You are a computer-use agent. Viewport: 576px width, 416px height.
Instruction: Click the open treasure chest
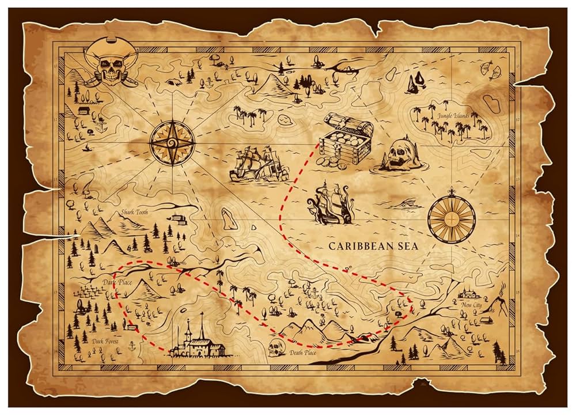coord(344,142)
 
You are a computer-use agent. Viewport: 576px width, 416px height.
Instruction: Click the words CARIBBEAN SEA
coord(374,246)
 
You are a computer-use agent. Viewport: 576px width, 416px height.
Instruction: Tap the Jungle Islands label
coord(454,115)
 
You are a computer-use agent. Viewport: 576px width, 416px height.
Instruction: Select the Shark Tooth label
coord(134,212)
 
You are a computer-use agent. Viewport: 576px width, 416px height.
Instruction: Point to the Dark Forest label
coord(105,341)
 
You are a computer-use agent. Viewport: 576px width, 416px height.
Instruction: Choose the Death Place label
coord(303,353)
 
